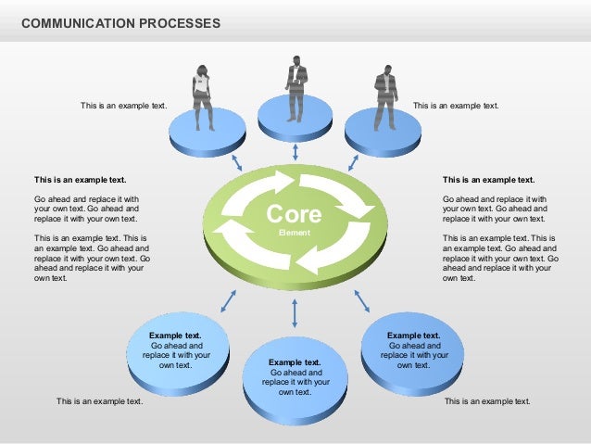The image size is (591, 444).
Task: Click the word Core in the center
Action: pyautogui.click(x=295, y=215)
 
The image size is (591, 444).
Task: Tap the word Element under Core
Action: pyautogui.click(x=294, y=234)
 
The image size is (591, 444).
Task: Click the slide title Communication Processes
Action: pyautogui.click(x=120, y=22)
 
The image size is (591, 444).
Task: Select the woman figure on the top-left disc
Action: pyautogui.click(x=202, y=97)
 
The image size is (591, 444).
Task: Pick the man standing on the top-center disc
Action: pyautogui.click(x=295, y=89)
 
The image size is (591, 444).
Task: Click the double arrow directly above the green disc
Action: pyautogui.click(x=295, y=152)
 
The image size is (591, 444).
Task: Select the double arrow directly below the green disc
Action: pyautogui.click(x=295, y=313)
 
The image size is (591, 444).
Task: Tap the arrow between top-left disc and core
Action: pyautogui.click(x=236, y=162)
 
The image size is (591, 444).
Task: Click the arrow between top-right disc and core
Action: pyautogui.click(x=353, y=162)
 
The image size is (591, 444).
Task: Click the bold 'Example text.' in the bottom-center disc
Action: pyautogui.click(x=295, y=362)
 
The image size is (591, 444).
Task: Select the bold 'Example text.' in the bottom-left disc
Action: pyautogui.click(x=175, y=336)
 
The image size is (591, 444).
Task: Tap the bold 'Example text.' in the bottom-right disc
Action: pyautogui.click(x=413, y=336)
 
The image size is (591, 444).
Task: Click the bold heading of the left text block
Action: pyautogui.click(x=80, y=180)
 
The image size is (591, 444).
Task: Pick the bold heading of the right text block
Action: pyautogui.click(x=488, y=180)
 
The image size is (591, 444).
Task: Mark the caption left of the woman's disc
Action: pyautogui.click(x=123, y=107)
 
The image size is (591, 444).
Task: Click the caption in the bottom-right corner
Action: pyautogui.click(x=487, y=401)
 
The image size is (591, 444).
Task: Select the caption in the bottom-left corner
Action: pyautogui.click(x=99, y=401)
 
